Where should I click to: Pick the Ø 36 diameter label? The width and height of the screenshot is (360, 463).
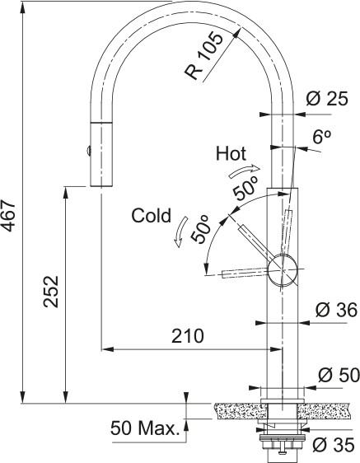point(336,311)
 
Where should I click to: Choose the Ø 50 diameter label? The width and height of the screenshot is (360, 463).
point(336,375)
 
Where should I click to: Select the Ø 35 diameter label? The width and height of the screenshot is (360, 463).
point(334,445)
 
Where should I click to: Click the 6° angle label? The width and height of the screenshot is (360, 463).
point(322,139)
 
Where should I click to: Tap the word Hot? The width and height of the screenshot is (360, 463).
point(231,153)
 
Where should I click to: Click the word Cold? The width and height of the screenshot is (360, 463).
point(151,217)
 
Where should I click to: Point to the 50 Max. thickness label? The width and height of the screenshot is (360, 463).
point(145,428)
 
